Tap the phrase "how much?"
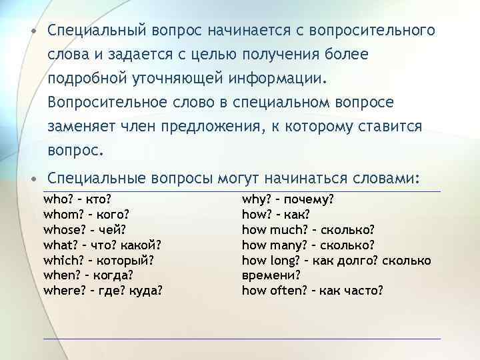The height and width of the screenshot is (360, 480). [271, 230]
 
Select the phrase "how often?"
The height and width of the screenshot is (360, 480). [273, 290]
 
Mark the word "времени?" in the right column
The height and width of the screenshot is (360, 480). [270, 275]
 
